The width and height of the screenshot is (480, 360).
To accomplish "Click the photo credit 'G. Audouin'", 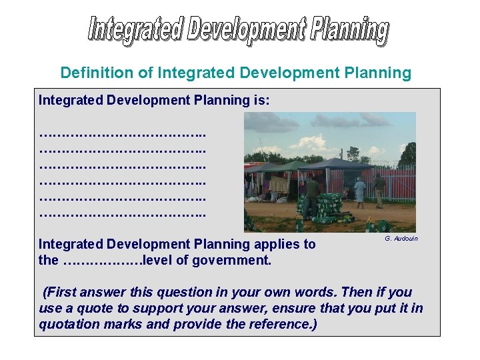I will (x=401, y=239).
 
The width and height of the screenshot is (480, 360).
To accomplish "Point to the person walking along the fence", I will (x=379, y=191).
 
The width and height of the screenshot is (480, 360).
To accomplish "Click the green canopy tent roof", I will (x=288, y=166).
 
